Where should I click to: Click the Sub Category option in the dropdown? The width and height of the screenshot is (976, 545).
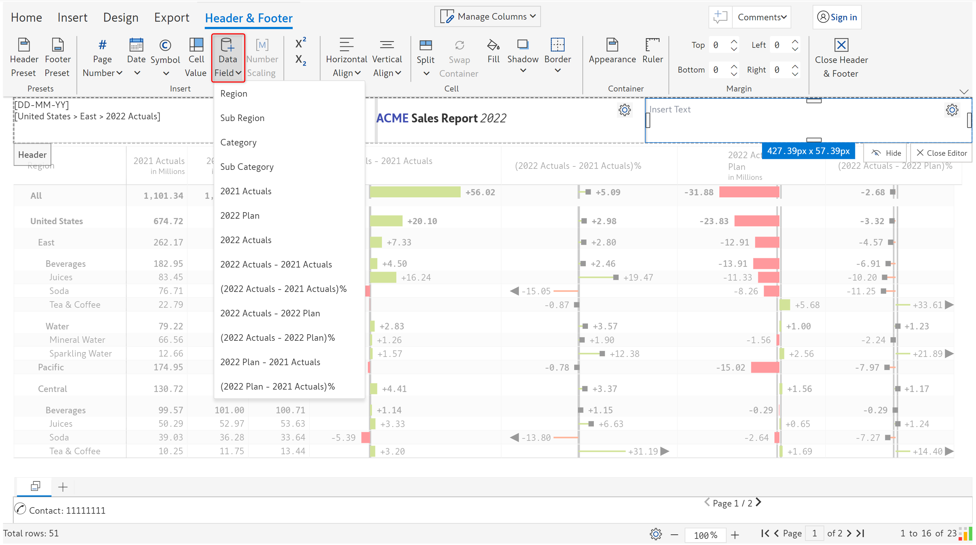(x=247, y=167)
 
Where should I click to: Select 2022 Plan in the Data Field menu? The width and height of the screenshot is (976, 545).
(x=240, y=216)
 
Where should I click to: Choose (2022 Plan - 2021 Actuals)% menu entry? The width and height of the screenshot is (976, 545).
(x=277, y=386)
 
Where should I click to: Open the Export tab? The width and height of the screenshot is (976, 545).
(x=171, y=18)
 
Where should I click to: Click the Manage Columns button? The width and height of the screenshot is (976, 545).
(x=487, y=17)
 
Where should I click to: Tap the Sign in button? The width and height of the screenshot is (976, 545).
(x=837, y=18)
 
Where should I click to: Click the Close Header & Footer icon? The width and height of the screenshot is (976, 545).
(x=841, y=45)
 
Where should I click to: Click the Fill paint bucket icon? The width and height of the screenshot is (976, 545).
(x=493, y=45)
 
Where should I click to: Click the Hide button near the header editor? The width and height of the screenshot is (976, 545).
(x=886, y=153)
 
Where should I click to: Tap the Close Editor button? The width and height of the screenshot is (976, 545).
(x=942, y=153)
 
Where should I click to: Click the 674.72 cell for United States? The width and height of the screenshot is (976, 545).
(x=168, y=221)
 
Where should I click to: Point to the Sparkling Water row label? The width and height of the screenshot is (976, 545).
(x=80, y=353)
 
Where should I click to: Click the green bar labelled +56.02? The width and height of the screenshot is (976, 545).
(x=415, y=192)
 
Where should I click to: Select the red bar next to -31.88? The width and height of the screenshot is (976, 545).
(x=749, y=192)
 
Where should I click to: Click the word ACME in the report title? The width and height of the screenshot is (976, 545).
(x=392, y=118)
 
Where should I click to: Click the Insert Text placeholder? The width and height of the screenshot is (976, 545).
(x=670, y=109)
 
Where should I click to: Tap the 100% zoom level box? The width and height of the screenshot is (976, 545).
(x=705, y=534)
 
